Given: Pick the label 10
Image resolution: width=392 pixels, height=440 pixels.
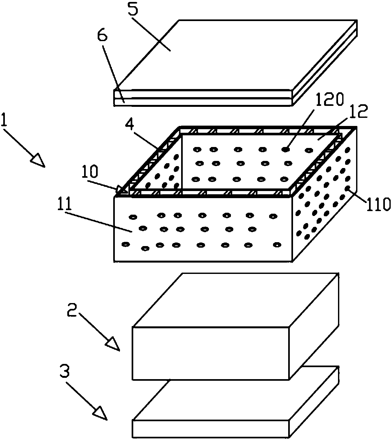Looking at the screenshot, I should point(90,173).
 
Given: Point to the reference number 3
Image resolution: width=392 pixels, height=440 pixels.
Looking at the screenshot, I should point(65,373).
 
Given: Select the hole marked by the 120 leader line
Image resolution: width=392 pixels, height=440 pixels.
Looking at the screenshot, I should point(286,149).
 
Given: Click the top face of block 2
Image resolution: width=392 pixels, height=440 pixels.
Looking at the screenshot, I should point(236,299).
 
